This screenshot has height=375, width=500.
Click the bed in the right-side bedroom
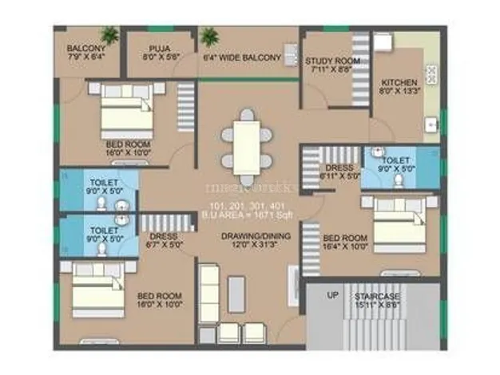click(403, 223)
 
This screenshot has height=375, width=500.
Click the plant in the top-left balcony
click(109, 34)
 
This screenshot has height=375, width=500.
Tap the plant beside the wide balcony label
click(210, 37)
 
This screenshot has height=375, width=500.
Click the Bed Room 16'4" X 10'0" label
click(345, 242)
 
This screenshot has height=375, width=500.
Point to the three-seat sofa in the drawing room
click(209, 294)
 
